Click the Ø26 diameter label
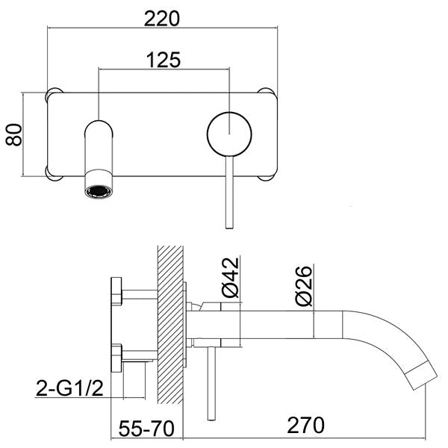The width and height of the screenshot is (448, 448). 303,285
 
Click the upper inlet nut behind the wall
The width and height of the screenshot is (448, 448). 117,291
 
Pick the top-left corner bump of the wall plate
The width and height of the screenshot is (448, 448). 54,95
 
